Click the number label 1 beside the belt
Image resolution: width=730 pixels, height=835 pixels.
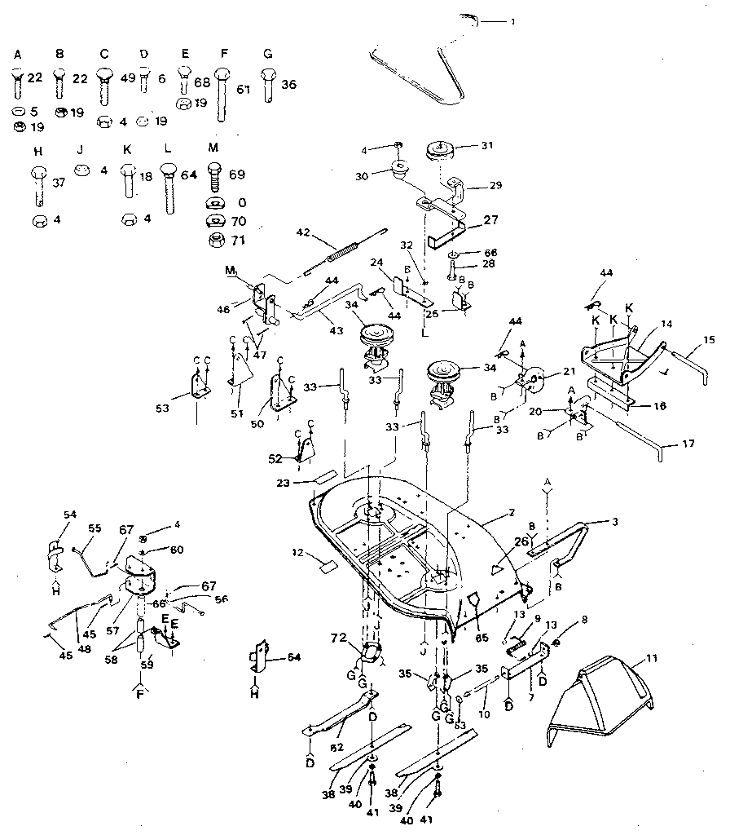[x=512, y=22]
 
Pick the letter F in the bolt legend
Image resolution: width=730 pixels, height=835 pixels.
[x=224, y=54]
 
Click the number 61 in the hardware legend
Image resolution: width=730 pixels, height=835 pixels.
[x=243, y=89]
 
